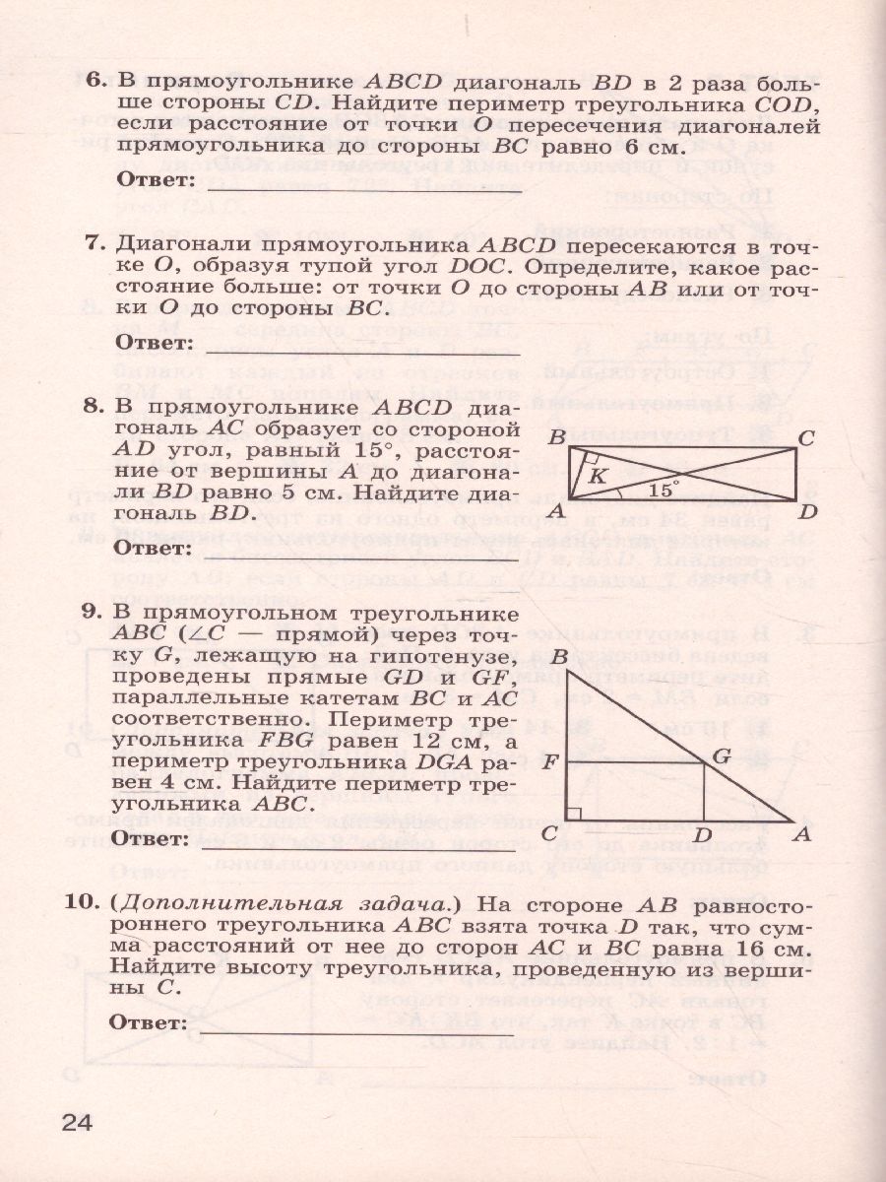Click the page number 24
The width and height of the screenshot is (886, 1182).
click(76, 1123)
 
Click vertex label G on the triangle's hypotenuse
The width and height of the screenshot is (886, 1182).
click(721, 756)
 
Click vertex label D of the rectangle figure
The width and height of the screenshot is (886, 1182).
click(808, 511)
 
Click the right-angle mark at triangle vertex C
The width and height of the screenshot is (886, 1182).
click(575, 814)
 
